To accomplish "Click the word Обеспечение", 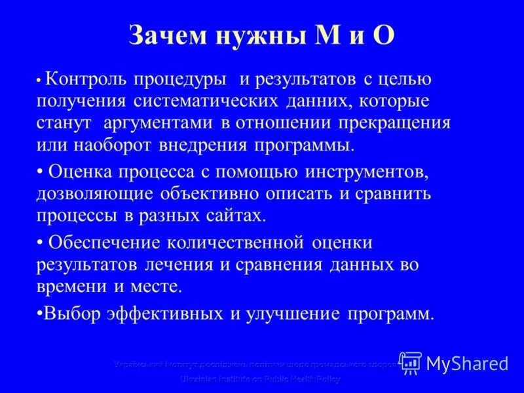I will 104,242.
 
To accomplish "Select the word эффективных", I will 164,313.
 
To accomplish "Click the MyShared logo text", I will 467,362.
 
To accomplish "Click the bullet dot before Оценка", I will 40,172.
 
